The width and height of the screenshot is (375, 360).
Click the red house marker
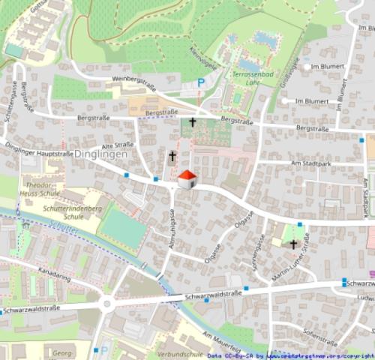tap(187, 179)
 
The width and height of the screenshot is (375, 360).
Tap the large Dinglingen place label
tap(98, 153)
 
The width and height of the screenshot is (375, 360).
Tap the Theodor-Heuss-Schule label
tap(39, 188)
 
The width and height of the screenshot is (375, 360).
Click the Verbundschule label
tap(180, 353)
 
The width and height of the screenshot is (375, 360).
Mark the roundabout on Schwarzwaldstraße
tap(106, 304)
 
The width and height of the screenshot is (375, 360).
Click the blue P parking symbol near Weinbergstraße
tap(200, 82)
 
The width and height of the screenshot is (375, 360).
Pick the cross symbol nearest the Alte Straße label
tap(172, 156)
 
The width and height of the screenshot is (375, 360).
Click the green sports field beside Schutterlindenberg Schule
tap(121, 227)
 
